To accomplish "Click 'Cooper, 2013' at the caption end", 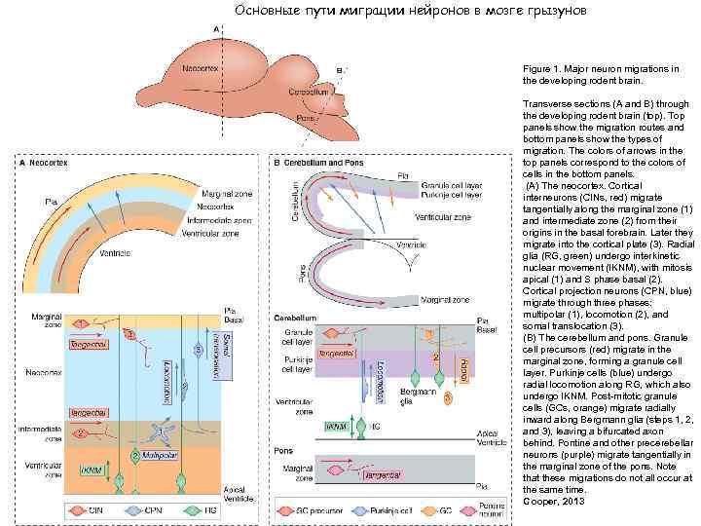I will point(546,500).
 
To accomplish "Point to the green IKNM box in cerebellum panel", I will point(335,426).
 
